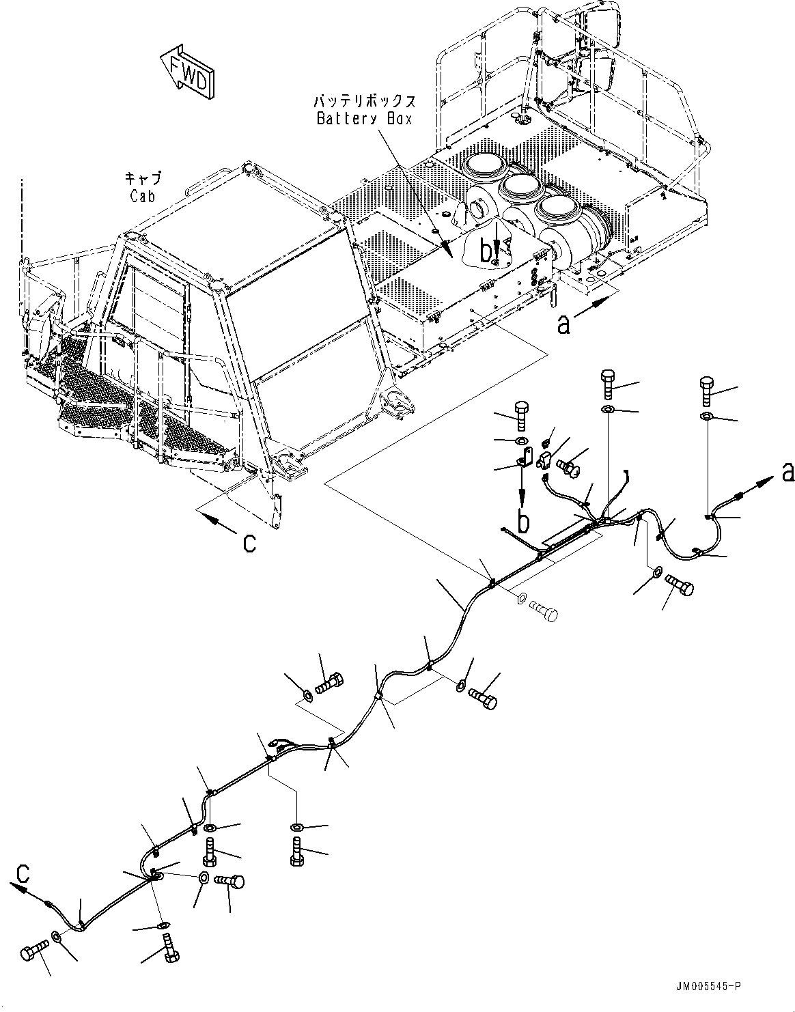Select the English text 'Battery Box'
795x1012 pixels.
pyautogui.click(x=365, y=118)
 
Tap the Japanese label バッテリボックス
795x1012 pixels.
pyautogui.click(x=365, y=102)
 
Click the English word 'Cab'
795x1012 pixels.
pyautogui.click(x=143, y=196)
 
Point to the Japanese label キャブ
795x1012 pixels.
pyautogui.click(x=143, y=179)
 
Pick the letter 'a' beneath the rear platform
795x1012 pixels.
pyautogui.click(x=563, y=324)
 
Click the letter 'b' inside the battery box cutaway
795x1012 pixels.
pyautogui.click(x=486, y=252)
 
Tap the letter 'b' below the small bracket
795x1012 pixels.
pyautogui.click(x=523, y=522)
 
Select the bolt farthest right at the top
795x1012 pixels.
pyautogui.click(x=708, y=390)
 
